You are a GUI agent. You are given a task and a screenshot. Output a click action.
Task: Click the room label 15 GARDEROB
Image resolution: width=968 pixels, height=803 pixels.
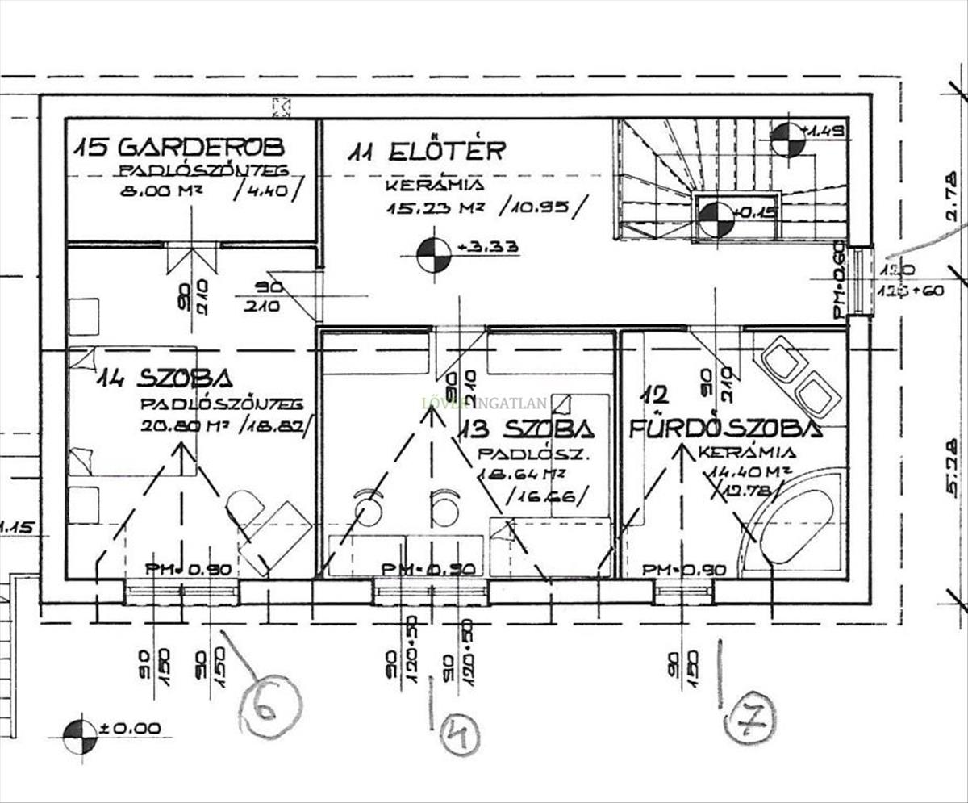[178, 147]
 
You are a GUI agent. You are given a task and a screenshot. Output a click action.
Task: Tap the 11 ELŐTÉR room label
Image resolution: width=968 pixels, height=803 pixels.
[428, 151]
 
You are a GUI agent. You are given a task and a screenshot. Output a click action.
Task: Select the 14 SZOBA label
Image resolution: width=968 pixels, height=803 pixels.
[165, 378]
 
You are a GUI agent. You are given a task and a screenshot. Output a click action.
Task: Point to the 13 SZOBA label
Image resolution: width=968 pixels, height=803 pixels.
[527, 428]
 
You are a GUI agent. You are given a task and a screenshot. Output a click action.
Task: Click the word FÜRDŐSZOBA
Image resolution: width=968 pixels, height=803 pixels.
[725, 429]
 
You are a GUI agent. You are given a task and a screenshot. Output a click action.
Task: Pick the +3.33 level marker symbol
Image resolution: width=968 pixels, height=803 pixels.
[434, 255]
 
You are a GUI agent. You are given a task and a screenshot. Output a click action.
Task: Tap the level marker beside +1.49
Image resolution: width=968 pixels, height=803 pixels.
[787, 140]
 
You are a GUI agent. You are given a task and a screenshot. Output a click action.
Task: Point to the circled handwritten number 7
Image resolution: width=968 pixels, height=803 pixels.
[749, 718]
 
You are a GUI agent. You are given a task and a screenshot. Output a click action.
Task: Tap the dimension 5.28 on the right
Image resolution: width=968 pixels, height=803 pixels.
[953, 467]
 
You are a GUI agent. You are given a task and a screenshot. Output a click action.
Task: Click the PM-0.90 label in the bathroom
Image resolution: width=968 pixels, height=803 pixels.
[684, 570]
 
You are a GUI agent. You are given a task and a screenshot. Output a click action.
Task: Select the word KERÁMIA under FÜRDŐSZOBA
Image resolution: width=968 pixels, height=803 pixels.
[747, 453]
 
